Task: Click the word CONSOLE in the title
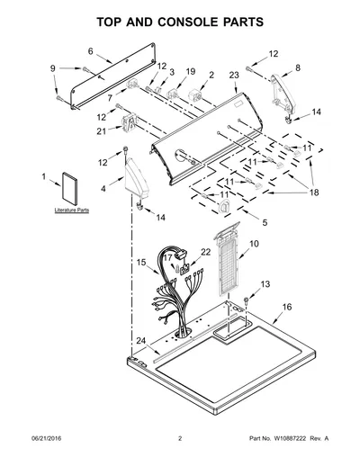point(185,22)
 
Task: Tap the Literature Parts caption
point(72,211)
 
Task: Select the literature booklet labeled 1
point(69,189)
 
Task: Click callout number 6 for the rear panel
point(91,51)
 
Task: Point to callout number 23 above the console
point(234,75)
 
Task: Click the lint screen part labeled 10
point(227,259)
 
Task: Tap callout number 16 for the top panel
point(287,307)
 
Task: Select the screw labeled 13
point(247,300)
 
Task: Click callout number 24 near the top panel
point(141,341)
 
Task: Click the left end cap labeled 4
point(137,179)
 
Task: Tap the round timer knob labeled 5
point(224,206)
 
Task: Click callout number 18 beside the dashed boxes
point(314,193)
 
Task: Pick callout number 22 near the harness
point(205,252)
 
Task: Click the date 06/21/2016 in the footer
point(46,438)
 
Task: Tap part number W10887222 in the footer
point(289,438)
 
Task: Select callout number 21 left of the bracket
point(102,131)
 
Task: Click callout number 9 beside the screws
point(53,68)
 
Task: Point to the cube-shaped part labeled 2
point(194,95)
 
